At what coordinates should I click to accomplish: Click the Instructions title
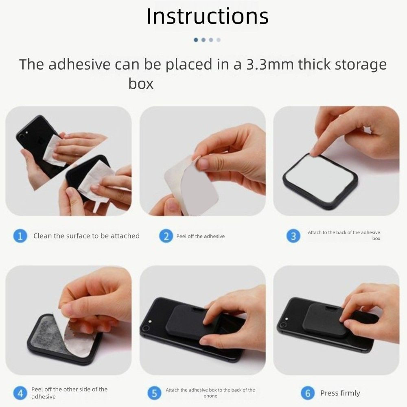point(208,16)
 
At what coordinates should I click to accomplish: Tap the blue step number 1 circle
point(20,236)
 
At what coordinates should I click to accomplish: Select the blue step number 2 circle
point(166,236)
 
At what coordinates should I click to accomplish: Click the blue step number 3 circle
point(293,236)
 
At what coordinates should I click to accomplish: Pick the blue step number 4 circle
point(20,393)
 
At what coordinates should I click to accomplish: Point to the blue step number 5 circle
point(154,393)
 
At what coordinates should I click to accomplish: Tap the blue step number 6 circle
point(308,393)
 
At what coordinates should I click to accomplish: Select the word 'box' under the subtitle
point(141,83)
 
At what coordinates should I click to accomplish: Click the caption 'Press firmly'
point(340,393)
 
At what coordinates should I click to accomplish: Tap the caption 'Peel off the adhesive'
point(200,236)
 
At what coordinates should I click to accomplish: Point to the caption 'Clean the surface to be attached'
point(86,236)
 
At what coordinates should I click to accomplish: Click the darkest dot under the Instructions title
point(196,40)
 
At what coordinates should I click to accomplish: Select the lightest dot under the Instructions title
point(219,40)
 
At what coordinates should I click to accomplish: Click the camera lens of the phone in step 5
point(145,328)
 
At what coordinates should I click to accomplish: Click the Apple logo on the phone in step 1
point(42,142)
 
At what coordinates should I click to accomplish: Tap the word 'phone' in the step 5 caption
point(210,396)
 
